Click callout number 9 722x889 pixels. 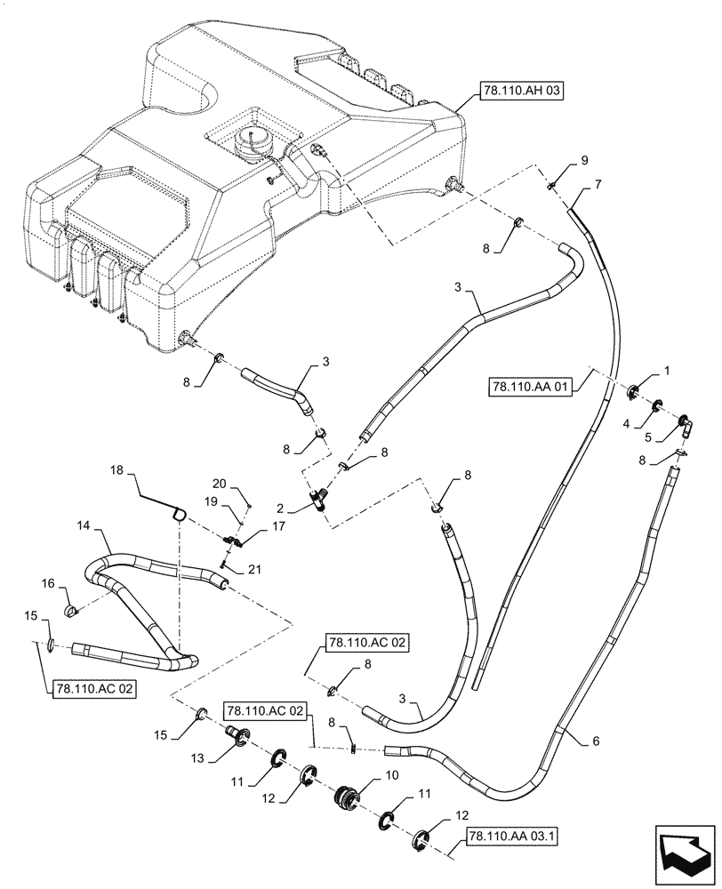[x=584, y=160]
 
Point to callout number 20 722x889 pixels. [x=221, y=484]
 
